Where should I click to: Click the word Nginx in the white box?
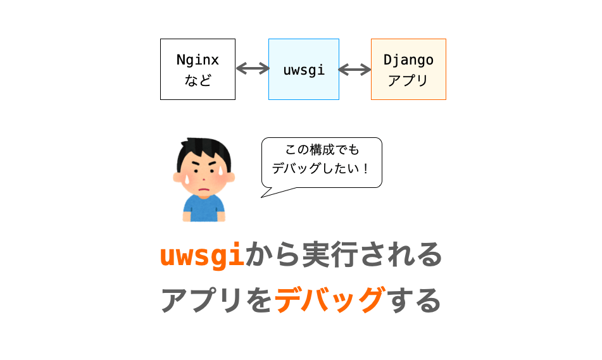click(198, 60)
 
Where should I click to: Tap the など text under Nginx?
click(198, 80)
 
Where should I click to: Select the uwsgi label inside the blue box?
click(304, 70)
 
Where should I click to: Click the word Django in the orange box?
click(408, 60)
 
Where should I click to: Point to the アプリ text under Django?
click(408, 80)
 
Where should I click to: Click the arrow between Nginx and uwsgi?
click(253, 69)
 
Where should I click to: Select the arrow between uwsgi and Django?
click(354, 70)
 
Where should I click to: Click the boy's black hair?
click(204, 152)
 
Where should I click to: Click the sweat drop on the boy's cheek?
click(187, 179)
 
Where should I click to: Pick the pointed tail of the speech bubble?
click(261, 197)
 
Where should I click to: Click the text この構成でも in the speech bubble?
click(322, 150)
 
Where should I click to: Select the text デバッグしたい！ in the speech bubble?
click(320, 168)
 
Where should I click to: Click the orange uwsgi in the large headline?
click(202, 255)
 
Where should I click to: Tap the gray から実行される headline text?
click(344, 254)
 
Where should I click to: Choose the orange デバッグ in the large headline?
click(330, 299)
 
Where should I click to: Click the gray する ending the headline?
click(414, 300)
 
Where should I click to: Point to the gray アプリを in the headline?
click(217, 300)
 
